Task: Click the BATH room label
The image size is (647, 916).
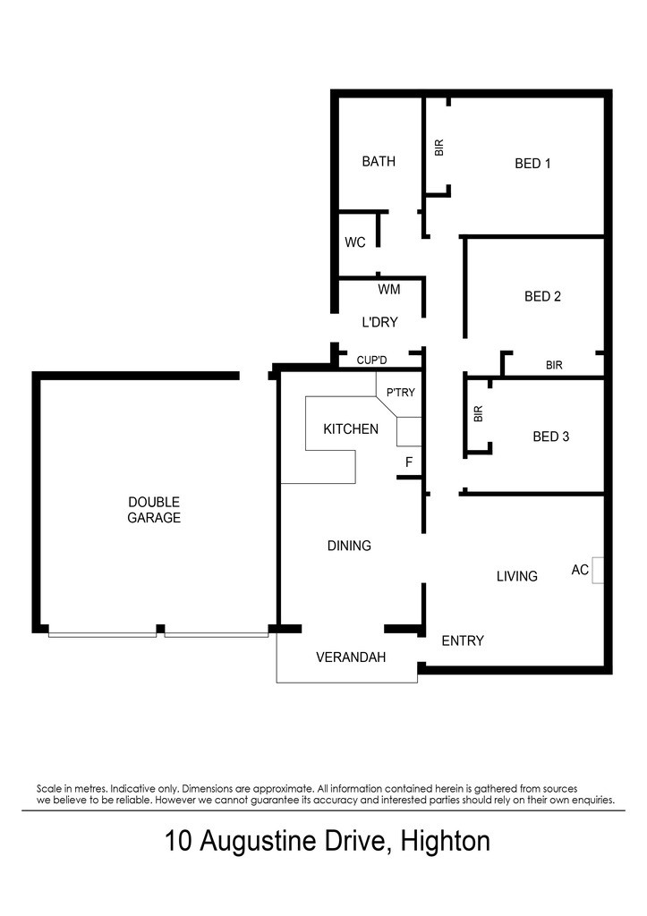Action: click(379, 161)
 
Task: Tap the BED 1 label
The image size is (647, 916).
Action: click(532, 164)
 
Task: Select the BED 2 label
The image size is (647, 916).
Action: click(542, 297)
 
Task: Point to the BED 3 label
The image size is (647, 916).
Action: click(550, 437)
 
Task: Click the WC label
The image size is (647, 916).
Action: click(354, 242)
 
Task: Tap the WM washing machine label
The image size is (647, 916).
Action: click(389, 289)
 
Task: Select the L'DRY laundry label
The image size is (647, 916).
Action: click(380, 322)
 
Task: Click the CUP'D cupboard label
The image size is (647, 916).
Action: click(371, 360)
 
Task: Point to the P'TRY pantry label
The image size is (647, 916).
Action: click(400, 393)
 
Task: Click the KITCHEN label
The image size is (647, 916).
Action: click(351, 429)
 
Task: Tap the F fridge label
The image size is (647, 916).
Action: click(409, 462)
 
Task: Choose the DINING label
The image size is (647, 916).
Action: click(349, 546)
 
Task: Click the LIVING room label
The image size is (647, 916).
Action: click(516, 577)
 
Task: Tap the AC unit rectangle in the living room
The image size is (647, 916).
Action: click(597, 570)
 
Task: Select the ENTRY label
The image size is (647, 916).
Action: click(463, 640)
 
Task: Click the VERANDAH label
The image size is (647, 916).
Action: click(351, 657)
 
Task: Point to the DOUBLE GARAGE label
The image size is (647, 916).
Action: click(154, 510)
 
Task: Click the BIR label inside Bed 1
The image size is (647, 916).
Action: click(439, 148)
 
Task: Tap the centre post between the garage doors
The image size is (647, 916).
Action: click(160, 631)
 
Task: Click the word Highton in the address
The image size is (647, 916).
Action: click(446, 842)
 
